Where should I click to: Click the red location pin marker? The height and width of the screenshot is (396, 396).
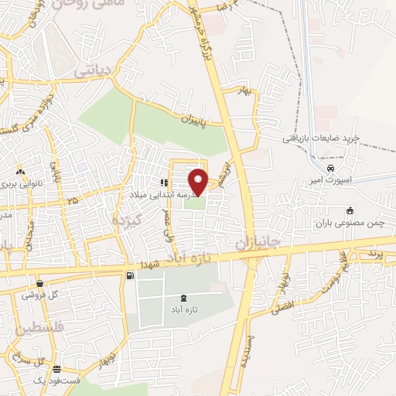[x=199, y=182]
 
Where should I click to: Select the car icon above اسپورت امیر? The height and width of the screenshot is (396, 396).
[x=330, y=168]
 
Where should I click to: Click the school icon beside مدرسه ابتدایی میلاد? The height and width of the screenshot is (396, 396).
[x=163, y=183]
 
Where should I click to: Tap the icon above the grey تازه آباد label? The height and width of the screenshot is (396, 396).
[x=183, y=298]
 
